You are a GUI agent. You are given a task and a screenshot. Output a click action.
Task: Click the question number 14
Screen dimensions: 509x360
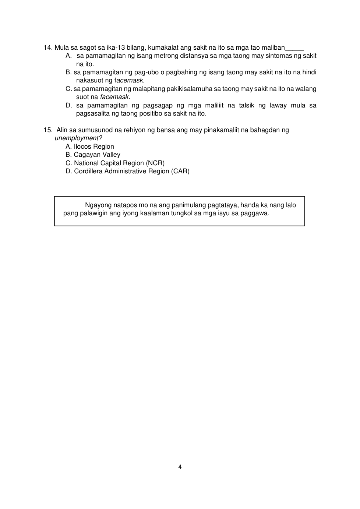click(48, 47)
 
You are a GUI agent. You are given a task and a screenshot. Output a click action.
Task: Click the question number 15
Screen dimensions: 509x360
click(48, 130)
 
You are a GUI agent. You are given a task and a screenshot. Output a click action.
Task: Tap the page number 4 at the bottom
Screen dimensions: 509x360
click(180, 467)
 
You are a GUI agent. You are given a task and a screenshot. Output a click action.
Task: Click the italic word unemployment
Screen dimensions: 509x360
click(77, 138)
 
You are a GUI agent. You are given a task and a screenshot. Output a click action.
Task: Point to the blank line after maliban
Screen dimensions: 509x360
click(294, 48)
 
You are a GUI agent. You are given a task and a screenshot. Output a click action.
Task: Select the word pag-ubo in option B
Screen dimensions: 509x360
click(147, 72)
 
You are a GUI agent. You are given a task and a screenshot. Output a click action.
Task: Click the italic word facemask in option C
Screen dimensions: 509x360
click(114, 97)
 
